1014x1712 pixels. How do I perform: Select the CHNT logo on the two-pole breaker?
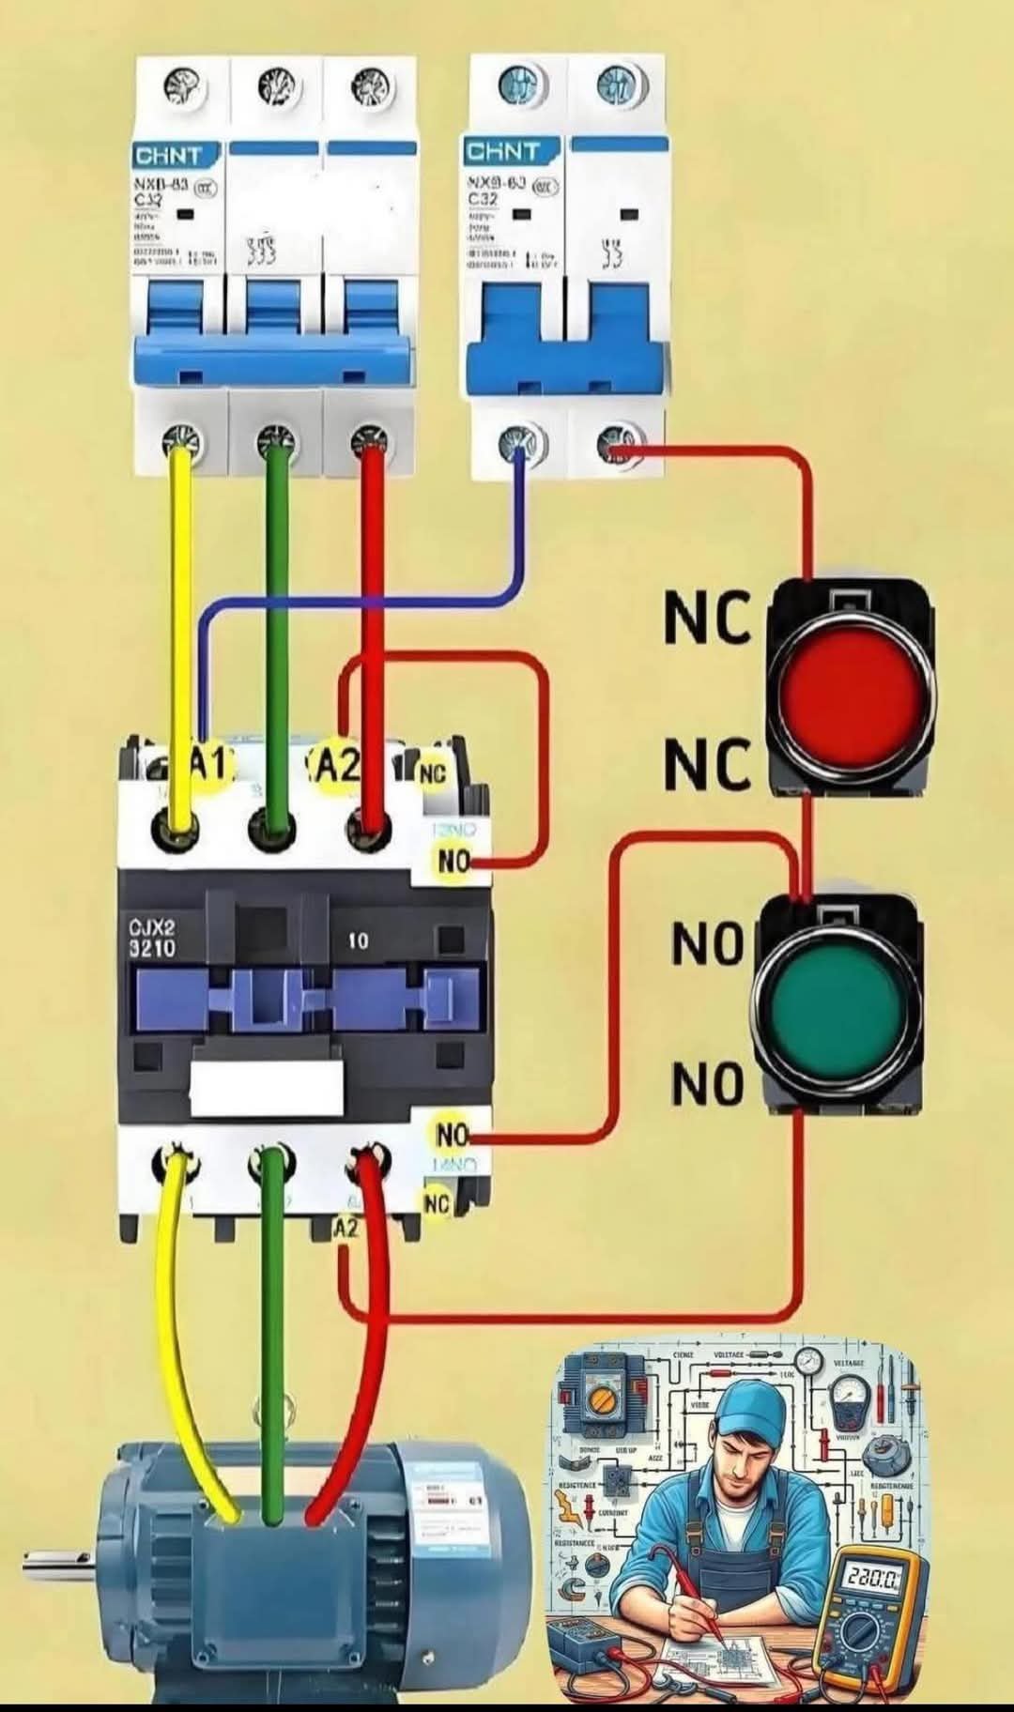pyautogui.click(x=503, y=151)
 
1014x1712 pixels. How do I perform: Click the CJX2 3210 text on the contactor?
pyautogui.click(x=152, y=939)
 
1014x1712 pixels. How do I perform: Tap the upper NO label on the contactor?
pyautogui.click(x=453, y=860)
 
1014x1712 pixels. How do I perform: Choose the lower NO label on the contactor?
pyautogui.click(x=452, y=1135)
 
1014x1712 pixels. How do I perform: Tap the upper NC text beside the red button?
pyautogui.click(x=708, y=619)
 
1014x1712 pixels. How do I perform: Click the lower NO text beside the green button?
pyautogui.click(x=708, y=1086)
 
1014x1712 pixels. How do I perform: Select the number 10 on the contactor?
pyautogui.click(x=358, y=940)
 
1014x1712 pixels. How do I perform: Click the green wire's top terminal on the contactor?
pyautogui.click(x=272, y=828)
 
